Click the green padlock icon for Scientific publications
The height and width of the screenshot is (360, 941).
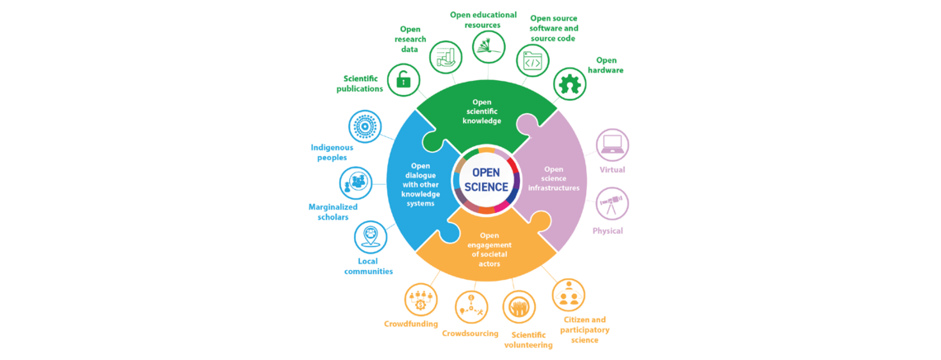pos(403,80)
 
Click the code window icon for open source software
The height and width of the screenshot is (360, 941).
pos(532,61)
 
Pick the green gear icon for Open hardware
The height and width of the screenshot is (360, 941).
pos(569,84)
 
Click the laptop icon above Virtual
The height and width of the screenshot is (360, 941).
pos(612,145)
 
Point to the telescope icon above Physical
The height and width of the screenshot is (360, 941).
pos(612,204)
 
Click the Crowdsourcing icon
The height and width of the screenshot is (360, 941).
pos(471,307)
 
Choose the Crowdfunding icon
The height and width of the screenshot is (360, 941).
pos(421,299)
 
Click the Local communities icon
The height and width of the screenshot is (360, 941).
pos(370,237)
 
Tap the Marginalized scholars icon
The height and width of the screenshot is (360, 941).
pos(356,182)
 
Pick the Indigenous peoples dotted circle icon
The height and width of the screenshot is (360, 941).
pos(365,127)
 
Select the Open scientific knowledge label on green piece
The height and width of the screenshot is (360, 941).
pos(481,111)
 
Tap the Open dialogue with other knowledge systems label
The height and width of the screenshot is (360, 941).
pos(421,184)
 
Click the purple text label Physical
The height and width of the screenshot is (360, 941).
pos(608,231)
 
